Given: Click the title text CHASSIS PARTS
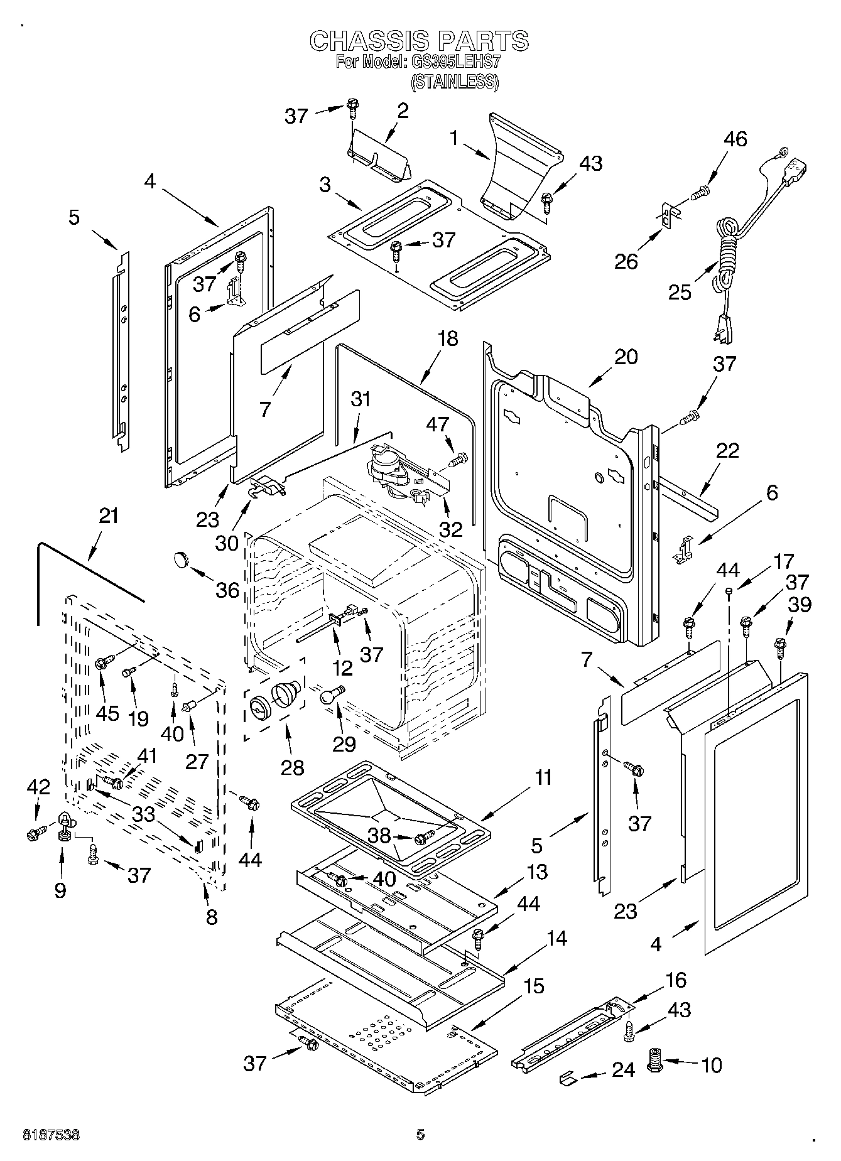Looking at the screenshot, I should point(420,41).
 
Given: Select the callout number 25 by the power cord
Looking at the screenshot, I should point(680,292).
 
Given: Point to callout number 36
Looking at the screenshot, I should point(227,590).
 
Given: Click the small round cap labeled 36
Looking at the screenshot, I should point(182,557).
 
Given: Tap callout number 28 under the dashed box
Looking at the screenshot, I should point(292,767).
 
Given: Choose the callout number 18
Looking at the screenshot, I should point(448,338).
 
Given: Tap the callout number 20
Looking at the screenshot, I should point(626,357).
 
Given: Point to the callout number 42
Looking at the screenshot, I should point(39,787).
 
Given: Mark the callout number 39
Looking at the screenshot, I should point(800,604).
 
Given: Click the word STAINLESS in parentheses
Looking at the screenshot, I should point(454,82).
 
